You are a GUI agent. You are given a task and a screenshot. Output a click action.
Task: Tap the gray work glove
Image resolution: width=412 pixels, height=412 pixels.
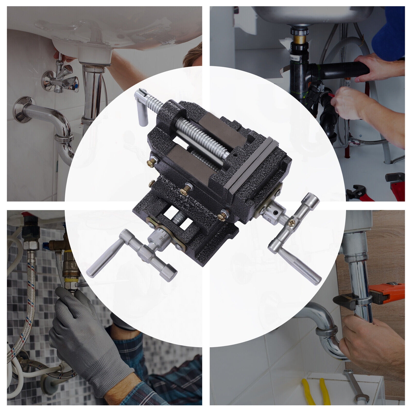85,340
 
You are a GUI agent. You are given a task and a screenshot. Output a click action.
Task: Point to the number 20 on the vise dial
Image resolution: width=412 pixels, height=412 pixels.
162,238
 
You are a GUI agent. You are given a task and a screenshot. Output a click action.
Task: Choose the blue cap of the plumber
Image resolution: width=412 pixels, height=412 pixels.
389,31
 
